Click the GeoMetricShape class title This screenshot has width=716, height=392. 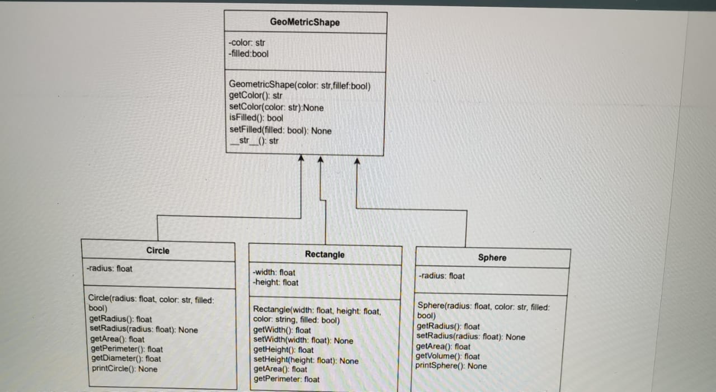(304, 23)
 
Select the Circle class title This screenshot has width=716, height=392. (158, 251)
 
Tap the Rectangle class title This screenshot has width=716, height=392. (324, 254)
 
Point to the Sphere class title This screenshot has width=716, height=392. (492, 258)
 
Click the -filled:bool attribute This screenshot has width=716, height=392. (249, 54)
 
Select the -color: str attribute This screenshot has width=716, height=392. (247, 42)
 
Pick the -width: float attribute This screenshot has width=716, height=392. (274, 272)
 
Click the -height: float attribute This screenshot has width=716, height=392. (276, 282)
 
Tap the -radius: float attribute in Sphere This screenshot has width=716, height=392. (441, 276)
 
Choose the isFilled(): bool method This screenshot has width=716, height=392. (256, 118)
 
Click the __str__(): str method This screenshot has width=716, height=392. (255, 141)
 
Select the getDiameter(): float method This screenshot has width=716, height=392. (125, 359)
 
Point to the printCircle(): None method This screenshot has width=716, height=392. (124, 369)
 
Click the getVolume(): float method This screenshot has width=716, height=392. (447, 356)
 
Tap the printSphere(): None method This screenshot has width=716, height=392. (451, 366)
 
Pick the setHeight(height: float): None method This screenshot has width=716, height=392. (306, 361)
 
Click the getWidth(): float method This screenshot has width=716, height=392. (282, 330)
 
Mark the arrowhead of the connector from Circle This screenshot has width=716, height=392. (301, 159)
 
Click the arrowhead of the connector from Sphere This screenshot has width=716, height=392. (357, 162)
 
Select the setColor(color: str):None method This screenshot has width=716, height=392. (276, 107)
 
